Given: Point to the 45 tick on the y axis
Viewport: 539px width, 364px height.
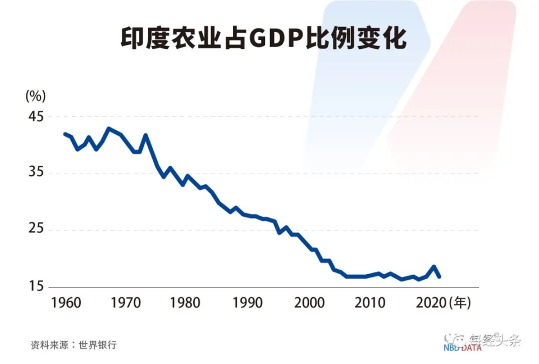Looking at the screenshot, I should pos(35,116).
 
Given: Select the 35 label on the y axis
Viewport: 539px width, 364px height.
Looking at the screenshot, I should pos(35,173).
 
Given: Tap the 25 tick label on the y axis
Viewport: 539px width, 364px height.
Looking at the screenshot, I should pos(35,230).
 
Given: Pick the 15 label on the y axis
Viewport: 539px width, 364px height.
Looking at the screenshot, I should pos(35,287).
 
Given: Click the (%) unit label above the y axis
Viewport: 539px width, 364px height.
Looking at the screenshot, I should pos(35,95).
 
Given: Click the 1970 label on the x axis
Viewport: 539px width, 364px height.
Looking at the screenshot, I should pos(125,303).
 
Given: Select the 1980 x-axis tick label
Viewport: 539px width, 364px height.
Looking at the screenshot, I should pos(185,303).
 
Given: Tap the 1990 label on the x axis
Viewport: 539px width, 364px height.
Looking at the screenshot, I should pos(247,303).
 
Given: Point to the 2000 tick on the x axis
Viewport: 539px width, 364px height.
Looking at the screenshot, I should pos(309,303).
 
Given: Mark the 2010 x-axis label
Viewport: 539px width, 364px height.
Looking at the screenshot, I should pos(369,303).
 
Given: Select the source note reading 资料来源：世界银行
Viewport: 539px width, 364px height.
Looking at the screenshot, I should pos(74,345).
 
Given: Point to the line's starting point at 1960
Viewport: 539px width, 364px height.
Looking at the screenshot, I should pos(65,134).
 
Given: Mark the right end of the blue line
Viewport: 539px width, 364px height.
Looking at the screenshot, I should pos(439,276).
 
